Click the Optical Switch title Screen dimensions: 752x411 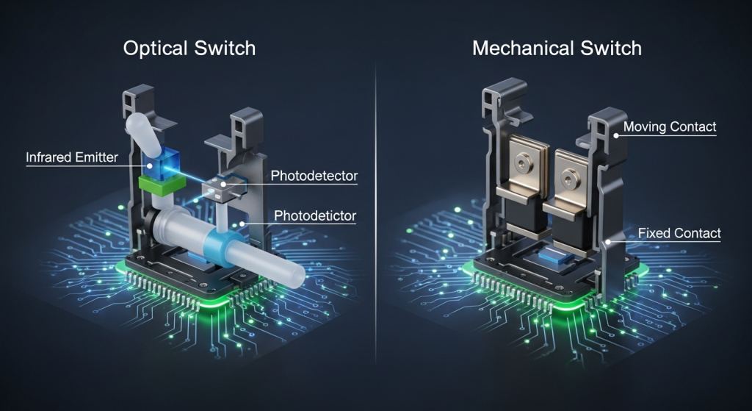189,49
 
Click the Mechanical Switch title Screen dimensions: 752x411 557,49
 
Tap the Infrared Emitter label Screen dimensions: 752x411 72,157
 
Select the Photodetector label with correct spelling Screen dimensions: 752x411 314,176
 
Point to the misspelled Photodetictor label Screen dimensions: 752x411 315,215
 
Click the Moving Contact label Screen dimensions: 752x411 670,126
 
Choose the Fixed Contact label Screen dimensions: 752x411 679,233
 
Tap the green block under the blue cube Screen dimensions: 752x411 162,185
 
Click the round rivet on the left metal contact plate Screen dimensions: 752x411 521,162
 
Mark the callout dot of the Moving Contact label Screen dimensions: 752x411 616,135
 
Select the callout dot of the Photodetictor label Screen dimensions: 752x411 242,224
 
